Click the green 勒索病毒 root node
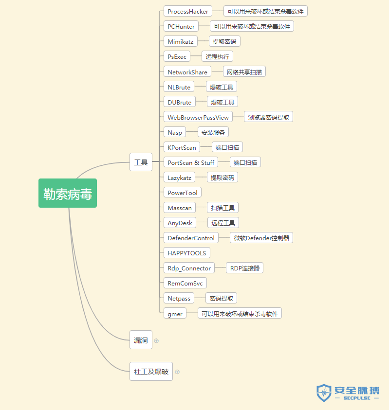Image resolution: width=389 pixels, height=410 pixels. click(68, 193)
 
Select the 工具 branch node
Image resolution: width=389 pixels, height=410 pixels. click(141, 162)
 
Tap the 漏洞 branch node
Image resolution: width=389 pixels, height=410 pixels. click(141, 340)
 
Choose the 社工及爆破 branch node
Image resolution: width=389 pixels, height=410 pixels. click(151, 372)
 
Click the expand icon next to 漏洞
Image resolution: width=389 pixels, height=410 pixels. click(156, 340)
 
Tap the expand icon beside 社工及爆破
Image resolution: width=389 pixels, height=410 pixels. click(177, 372)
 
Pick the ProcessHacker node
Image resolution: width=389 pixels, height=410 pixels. click(188, 11)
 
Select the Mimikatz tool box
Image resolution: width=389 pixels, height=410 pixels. click(180, 41)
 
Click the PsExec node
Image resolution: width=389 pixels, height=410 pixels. click(177, 56)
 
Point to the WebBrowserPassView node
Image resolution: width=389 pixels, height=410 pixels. click(198, 117)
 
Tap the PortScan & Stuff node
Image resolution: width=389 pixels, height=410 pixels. click(190, 162)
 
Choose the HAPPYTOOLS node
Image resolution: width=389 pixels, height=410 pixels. click(187, 253)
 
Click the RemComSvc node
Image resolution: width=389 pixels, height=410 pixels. click(185, 283)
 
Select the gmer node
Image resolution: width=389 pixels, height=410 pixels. click(175, 314)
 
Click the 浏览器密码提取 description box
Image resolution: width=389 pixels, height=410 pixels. click(268, 117)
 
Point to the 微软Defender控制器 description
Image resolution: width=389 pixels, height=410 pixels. click(261, 238)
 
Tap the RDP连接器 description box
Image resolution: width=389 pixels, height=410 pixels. click(244, 268)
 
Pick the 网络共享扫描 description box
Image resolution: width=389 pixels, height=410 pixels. click(244, 72)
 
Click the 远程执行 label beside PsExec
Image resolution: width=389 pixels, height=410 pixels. click(217, 56)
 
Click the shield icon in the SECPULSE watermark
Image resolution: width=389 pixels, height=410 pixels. click(324, 392)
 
